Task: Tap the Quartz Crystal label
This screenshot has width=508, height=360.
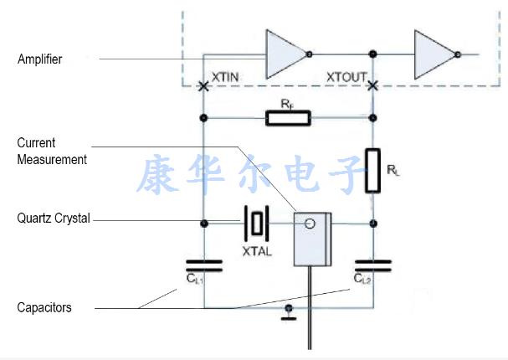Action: pos(53,219)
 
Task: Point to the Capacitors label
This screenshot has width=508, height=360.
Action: pos(44,307)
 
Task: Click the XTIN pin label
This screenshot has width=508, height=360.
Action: pos(227,77)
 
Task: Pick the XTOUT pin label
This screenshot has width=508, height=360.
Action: pos(346,77)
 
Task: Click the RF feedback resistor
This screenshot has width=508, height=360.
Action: pos(288,117)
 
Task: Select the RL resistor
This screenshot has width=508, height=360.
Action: pos(373,170)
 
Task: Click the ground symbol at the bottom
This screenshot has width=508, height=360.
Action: pos(289,311)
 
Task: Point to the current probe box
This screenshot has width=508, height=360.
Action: pos(311,239)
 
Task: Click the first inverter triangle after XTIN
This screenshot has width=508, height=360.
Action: pos(284,54)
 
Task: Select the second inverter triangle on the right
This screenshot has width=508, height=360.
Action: pos(433,54)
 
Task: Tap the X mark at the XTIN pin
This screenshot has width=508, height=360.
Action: pos(203,85)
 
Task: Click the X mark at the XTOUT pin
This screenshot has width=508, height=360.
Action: pos(373,85)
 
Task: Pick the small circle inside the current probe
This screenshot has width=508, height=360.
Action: pos(310,224)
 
